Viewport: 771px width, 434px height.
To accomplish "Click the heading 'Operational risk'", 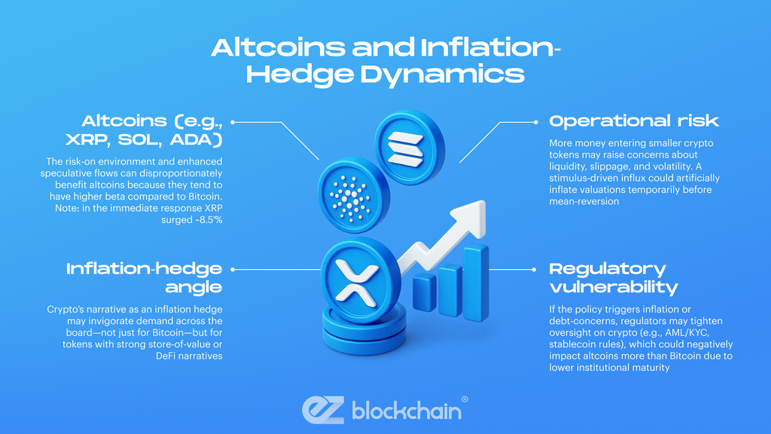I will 634,121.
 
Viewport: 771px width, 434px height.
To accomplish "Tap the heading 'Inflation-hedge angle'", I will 144,277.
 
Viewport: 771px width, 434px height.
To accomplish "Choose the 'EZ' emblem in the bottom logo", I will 322,409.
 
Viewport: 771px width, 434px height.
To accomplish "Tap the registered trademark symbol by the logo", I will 465,399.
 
